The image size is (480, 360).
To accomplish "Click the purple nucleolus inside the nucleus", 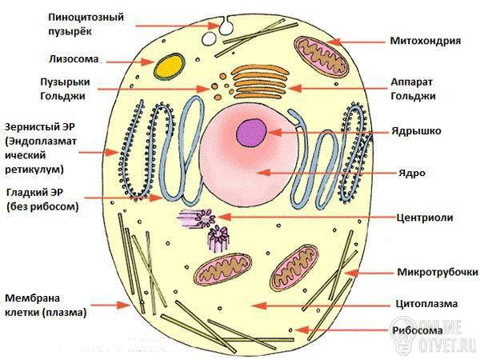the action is (x=251, y=133).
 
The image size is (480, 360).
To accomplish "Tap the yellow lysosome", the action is (x=170, y=66).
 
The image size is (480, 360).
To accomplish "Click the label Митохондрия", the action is (x=426, y=41).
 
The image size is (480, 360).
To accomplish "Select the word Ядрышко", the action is (x=416, y=131).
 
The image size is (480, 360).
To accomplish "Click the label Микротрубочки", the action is (x=438, y=272).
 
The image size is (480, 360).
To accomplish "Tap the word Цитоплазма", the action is (x=426, y=304).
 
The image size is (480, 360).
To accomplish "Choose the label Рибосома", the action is (x=418, y=330).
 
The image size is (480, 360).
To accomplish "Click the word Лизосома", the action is (x=74, y=59).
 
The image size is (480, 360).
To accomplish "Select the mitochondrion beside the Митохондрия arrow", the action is (x=322, y=57).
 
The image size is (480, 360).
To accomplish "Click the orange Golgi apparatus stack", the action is (x=260, y=82).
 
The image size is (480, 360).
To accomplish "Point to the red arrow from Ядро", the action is (x=326, y=173).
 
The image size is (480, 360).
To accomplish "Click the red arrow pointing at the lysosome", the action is (x=130, y=62).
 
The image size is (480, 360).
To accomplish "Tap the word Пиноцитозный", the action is (x=86, y=17).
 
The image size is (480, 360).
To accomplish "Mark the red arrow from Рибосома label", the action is (x=342, y=330).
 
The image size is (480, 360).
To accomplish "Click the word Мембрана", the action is (x=33, y=298).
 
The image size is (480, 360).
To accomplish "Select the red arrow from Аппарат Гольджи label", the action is (x=338, y=89).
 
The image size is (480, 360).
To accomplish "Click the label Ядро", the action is (x=412, y=173).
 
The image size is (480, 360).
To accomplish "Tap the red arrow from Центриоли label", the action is (x=306, y=217).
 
